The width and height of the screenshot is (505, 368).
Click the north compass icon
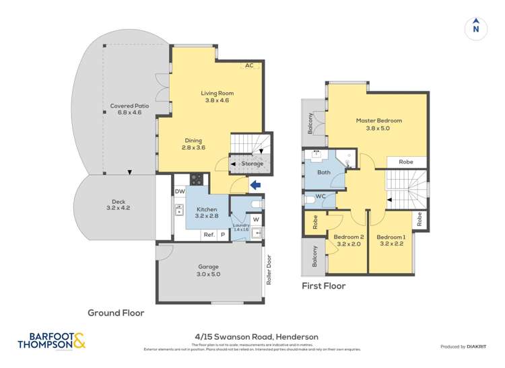pos(476,28)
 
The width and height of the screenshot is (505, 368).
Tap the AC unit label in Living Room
pos(249,65)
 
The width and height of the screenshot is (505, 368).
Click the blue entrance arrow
pos(254,184)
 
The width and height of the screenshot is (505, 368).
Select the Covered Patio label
pos(129,110)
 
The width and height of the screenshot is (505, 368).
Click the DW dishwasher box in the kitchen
pos(180,192)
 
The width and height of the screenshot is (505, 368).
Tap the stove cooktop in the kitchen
pos(197,180)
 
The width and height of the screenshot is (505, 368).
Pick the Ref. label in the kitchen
pos(209,235)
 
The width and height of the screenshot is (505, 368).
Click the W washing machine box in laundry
pos(256,219)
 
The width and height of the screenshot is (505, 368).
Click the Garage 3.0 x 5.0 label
pos(208,270)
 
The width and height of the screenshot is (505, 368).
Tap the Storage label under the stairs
pos(252,163)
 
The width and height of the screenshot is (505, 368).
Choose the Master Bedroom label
pos(378,124)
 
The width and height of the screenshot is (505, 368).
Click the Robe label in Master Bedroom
pos(406,162)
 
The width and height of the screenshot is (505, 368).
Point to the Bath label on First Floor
pos(324,172)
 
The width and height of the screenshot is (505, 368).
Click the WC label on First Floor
pos(321,196)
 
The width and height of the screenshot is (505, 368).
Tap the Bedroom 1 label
pos(391,241)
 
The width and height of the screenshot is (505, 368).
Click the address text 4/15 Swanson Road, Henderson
pos(252,336)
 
